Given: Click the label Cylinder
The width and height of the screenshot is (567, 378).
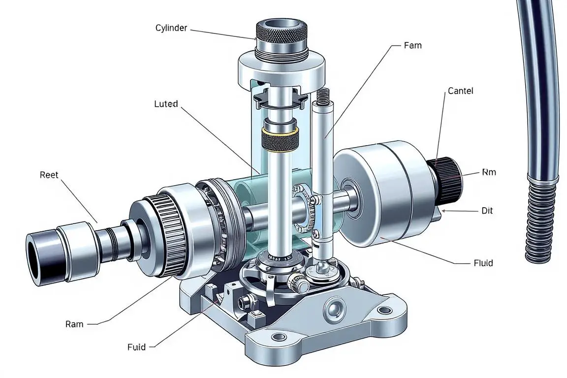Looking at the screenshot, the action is (171, 28).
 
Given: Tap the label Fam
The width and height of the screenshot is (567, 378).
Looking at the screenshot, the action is (412, 45).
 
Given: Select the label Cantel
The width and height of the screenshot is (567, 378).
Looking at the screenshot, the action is (460, 91).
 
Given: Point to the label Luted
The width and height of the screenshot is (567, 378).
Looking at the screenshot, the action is (166, 104).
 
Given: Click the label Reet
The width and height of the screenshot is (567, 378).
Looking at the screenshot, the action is (49, 175).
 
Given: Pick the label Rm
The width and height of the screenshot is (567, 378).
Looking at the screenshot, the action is (489, 172).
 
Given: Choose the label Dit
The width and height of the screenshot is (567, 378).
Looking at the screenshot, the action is (487, 210).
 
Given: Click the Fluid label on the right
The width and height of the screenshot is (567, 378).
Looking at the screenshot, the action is (483, 263).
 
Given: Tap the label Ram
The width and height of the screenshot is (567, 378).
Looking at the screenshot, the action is (74, 324).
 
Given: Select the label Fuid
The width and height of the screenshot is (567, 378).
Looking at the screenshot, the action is (137, 347).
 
